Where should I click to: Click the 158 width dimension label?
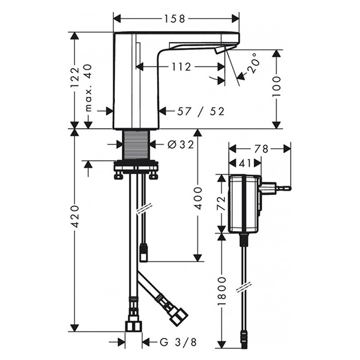coord(174,19)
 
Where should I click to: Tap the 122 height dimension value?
coord(75,78)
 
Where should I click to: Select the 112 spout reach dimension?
coord(181,67)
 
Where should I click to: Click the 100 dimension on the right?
coord(276,87)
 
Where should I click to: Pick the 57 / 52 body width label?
coord(200,112)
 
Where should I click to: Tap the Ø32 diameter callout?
coord(181,145)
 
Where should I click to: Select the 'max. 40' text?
coord(88,88)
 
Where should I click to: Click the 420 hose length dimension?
coord(75,217)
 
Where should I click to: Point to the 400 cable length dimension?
coord(197,198)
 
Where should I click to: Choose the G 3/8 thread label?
coord(178,343)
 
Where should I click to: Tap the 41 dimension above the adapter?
coord(245,163)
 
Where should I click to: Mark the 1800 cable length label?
coord(222,292)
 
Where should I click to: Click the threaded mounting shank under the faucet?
coord(137,145)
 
